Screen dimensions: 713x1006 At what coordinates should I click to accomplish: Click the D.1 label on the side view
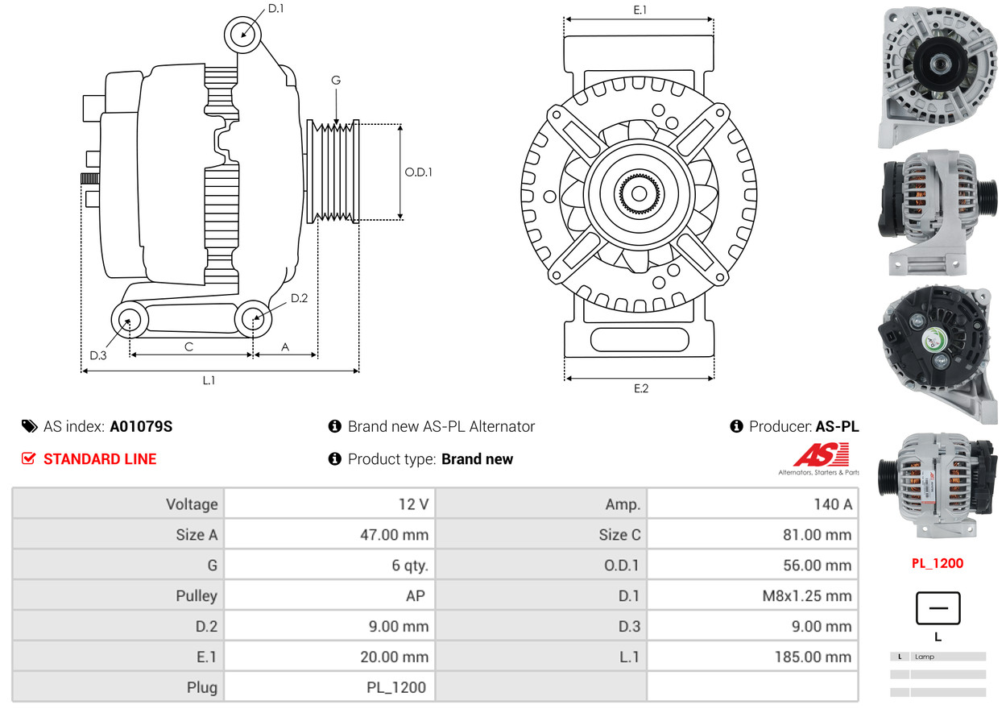click(x=275, y=9)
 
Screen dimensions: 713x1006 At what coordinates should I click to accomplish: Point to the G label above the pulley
click(x=336, y=81)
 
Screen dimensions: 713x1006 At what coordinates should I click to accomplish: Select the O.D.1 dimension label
click(x=418, y=172)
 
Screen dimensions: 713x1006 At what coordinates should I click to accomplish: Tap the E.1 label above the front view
click(x=640, y=10)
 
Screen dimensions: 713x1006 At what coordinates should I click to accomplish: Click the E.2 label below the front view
click(x=640, y=389)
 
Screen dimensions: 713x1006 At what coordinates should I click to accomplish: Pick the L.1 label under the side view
click(x=209, y=380)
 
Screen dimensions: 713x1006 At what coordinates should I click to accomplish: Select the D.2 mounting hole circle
click(x=253, y=318)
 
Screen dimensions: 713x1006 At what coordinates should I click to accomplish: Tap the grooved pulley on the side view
click(x=333, y=172)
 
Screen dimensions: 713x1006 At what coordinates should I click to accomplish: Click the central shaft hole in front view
click(x=639, y=193)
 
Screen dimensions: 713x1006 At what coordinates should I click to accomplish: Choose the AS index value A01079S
click(x=141, y=427)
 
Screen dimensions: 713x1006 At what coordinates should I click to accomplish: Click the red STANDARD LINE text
click(x=100, y=459)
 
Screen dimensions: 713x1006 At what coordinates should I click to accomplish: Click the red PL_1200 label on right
click(x=937, y=563)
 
